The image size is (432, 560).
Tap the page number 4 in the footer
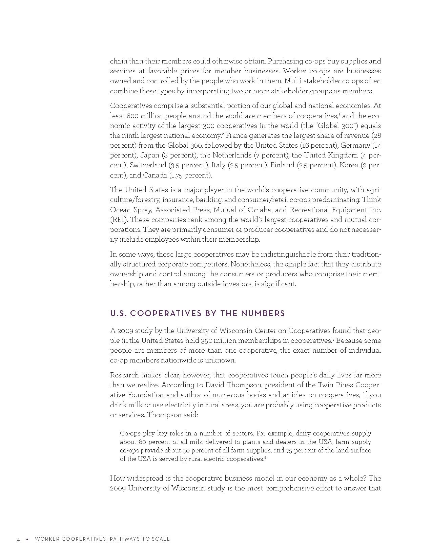tap(18, 539)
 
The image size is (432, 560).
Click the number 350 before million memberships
tap(207, 340)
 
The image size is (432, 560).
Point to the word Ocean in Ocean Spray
tap(120, 210)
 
